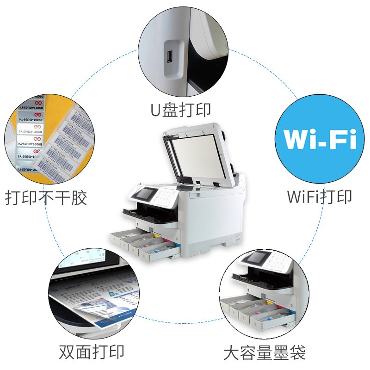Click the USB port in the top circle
(170, 57)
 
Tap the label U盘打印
(181, 110)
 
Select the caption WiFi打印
(319, 196)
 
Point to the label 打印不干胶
(46, 198)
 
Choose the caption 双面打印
(92, 352)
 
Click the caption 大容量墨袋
(265, 353)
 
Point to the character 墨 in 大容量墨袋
(282, 353)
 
